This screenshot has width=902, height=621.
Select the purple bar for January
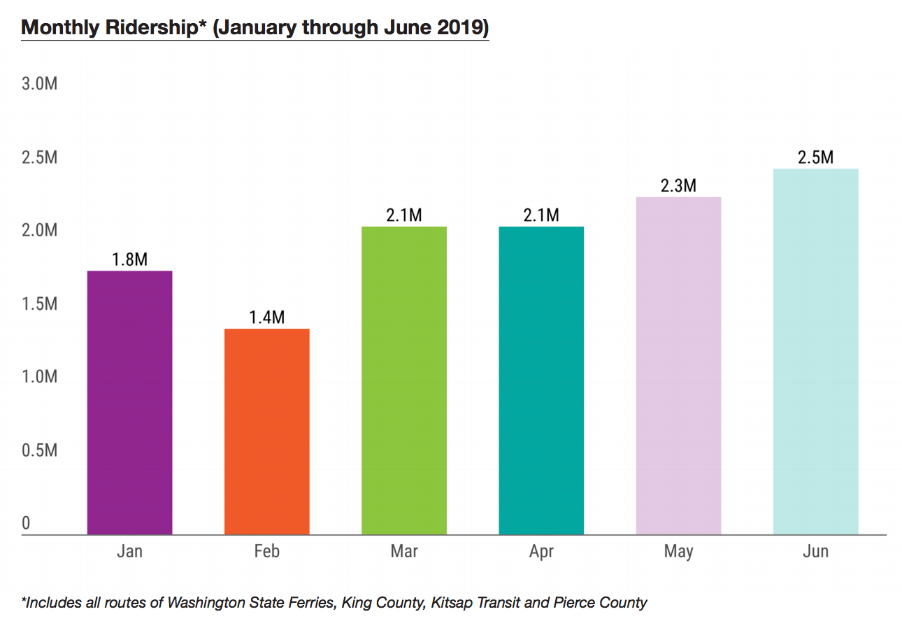point(129,403)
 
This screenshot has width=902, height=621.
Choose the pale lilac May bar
point(678,366)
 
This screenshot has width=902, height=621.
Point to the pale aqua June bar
point(815,352)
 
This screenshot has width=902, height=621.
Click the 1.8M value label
point(129,259)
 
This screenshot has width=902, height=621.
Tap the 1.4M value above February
point(266,317)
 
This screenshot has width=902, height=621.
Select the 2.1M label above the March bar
point(403,215)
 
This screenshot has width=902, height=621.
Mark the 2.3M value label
point(678,186)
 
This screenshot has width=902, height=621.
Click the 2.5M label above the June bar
point(815,157)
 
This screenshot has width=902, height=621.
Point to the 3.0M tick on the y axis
point(39,84)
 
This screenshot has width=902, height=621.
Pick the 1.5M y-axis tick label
point(39,304)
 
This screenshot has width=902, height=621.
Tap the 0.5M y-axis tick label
point(39,450)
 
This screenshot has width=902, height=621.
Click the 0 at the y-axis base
point(26,523)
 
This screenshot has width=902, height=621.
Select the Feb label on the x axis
point(266,552)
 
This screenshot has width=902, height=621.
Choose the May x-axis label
point(678,552)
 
